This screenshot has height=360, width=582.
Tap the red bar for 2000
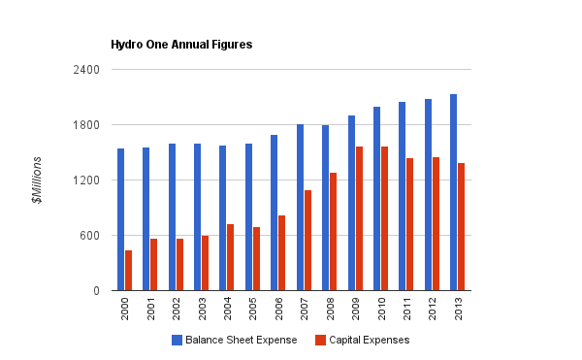coord(128,271)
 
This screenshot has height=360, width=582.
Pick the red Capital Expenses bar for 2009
coord(359,218)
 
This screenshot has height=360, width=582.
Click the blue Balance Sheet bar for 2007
coord(300,208)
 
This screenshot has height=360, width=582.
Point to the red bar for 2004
coord(231,257)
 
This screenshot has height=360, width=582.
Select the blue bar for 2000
coord(120,219)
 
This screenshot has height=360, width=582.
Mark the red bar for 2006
coord(282,253)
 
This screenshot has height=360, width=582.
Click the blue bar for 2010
coord(376,199)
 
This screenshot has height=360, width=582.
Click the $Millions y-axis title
coord(37,180)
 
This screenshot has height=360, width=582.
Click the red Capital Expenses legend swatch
coord(320,340)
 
